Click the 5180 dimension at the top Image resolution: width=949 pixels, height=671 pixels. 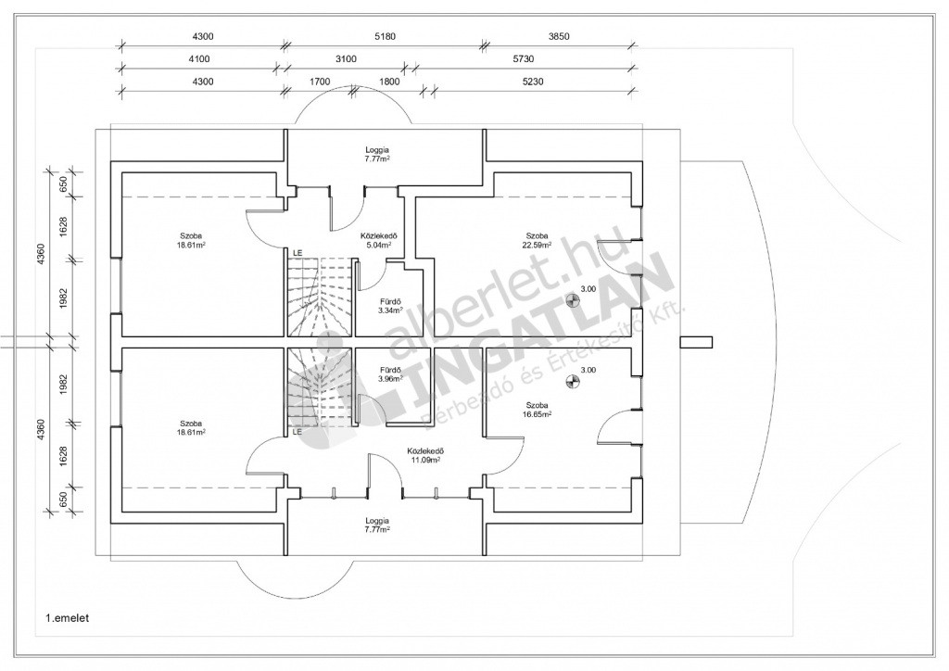pyautogui.click(x=385, y=36)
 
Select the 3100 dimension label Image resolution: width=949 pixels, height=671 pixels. pyautogui.click(x=347, y=58)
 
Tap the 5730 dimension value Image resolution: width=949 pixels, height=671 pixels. pyautogui.click(x=523, y=58)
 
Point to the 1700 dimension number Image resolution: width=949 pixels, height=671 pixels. pyautogui.click(x=319, y=82)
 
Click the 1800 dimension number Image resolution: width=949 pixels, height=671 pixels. pyautogui.click(x=388, y=82)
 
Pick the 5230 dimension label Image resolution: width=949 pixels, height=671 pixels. pyautogui.click(x=533, y=82)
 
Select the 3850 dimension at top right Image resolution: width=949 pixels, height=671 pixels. pyautogui.click(x=559, y=36)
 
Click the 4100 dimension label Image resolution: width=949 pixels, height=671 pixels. pyautogui.click(x=199, y=58)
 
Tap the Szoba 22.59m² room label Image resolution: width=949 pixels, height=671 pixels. pyautogui.click(x=537, y=240)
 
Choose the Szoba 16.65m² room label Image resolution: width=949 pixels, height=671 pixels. pyautogui.click(x=537, y=410)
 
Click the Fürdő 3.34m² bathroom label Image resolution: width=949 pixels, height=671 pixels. pyautogui.click(x=390, y=306)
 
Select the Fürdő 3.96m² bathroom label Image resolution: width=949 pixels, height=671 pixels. pyautogui.click(x=390, y=374)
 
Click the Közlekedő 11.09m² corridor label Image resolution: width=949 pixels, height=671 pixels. pyautogui.click(x=426, y=455)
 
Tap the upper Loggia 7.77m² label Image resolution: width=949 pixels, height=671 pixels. pyautogui.click(x=377, y=154)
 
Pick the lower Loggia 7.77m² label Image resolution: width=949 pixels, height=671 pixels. pyautogui.click(x=377, y=525)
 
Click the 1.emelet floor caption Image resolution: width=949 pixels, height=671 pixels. pyautogui.click(x=67, y=618)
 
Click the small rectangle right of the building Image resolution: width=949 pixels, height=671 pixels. pyautogui.click(x=696, y=343)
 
